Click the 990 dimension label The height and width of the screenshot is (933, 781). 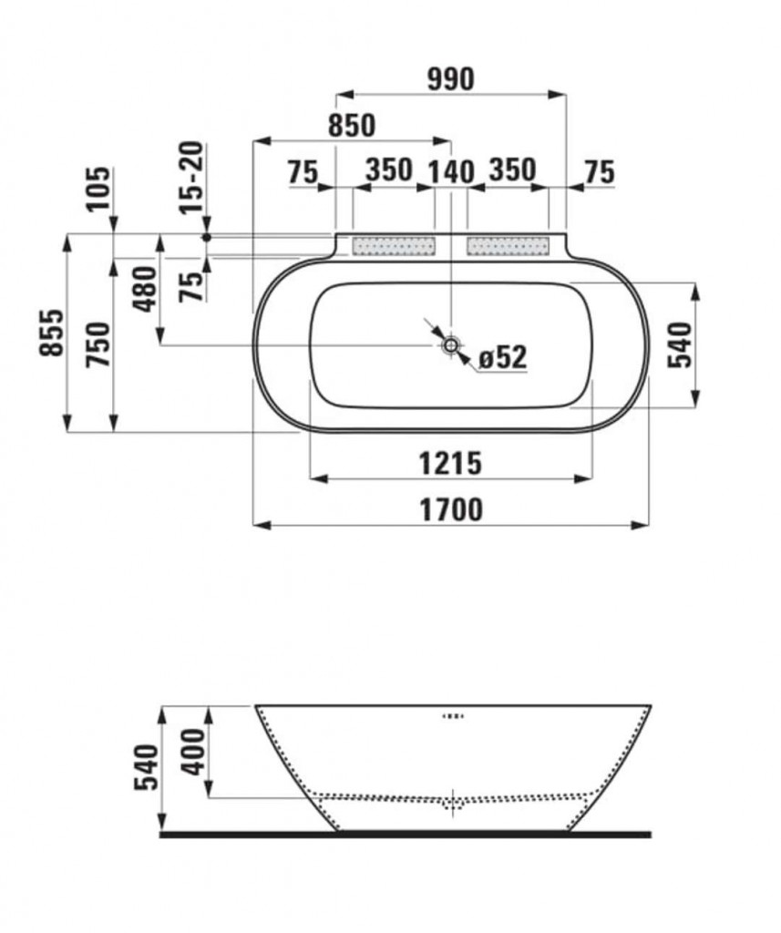pyautogui.click(x=450, y=79)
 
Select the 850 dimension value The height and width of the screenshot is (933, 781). pyautogui.click(x=352, y=125)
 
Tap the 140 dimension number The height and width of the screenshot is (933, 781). pyautogui.click(x=451, y=172)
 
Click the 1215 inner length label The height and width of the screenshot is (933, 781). pyautogui.click(x=450, y=463)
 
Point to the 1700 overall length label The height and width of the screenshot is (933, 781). pyautogui.click(x=450, y=510)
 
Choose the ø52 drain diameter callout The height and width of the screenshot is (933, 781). pyautogui.click(x=503, y=357)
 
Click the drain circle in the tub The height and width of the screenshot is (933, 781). pyautogui.click(x=451, y=344)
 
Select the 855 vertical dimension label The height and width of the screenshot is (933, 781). pyautogui.click(x=52, y=333)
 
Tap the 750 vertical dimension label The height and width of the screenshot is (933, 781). pyautogui.click(x=98, y=344)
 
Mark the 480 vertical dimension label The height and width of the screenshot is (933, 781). pyautogui.click(x=145, y=289)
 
